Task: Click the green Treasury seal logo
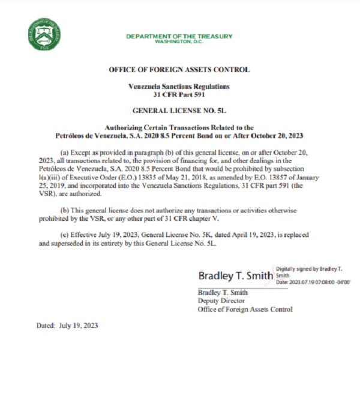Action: [44, 34]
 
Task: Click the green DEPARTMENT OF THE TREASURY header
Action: [179, 36]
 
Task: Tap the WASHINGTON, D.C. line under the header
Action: [179, 41]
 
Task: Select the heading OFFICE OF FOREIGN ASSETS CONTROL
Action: [179, 70]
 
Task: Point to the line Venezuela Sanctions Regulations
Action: [179, 86]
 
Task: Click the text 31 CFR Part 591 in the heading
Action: [179, 94]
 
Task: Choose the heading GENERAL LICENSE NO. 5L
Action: [179, 111]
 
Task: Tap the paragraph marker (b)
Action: [67, 210]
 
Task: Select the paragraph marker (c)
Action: [67, 236]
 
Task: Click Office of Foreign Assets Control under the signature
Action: [245, 309]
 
